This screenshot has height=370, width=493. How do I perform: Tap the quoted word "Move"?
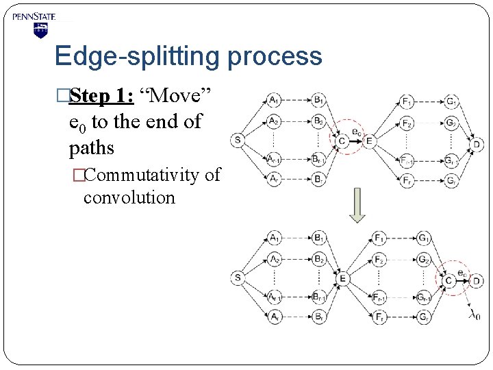[x=179, y=96]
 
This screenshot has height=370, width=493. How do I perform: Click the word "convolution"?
[x=129, y=198]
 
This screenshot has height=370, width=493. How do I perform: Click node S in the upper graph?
[x=238, y=141]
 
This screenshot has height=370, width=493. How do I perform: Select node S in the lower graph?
[x=238, y=277]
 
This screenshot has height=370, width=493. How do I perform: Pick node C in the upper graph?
[x=342, y=141]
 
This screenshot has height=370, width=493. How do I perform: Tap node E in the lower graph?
[x=342, y=277]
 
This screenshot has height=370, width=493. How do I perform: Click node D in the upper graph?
[x=477, y=143]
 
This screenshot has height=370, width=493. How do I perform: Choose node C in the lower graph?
[x=449, y=280]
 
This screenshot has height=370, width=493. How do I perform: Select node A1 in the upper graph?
[x=273, y=101]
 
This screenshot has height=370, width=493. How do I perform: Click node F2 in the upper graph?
[x=407, y=124]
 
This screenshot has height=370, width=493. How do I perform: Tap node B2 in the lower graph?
[x=318, y=259]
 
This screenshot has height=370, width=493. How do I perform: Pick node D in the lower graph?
[x=477, y=280]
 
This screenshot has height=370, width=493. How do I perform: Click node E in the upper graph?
[x=370, y=141]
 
